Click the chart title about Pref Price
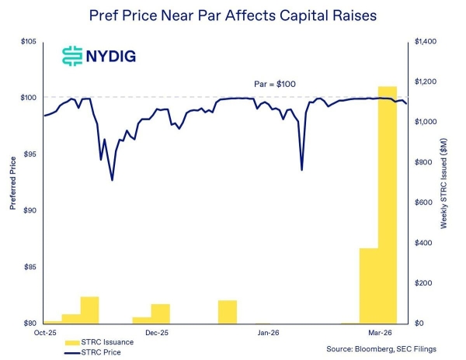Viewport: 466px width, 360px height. (232, 15)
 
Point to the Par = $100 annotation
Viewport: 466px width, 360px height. (275, 84)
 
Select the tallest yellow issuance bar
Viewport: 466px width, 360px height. (387, 204)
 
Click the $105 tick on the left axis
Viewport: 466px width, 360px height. (29, 41)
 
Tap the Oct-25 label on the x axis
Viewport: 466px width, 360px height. (43, 333)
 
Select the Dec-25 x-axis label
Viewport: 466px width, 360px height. (156, 333)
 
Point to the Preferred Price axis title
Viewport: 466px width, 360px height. (13, 182)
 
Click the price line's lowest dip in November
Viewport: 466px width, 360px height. (112, 180)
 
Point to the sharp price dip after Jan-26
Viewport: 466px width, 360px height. (301, 170)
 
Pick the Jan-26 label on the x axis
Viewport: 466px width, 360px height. (268, 333)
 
